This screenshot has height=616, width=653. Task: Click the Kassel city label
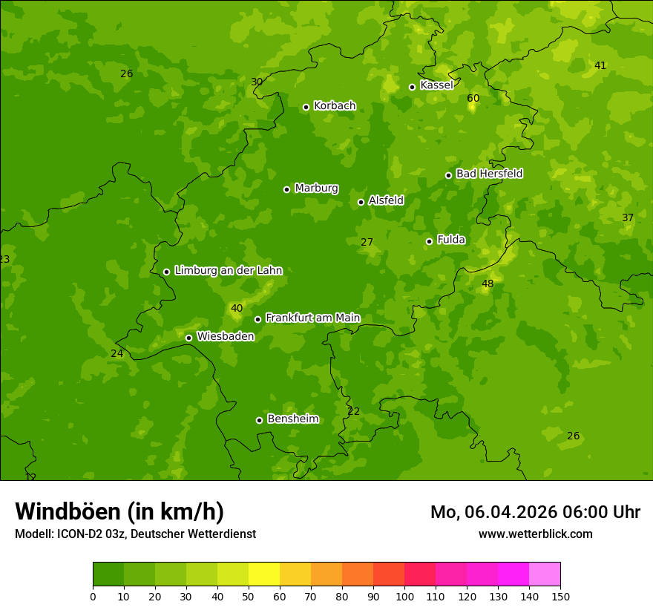pyautogui.click(x=436, y=85)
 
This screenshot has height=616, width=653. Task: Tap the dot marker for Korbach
pyautogui.click(x=306, y=107)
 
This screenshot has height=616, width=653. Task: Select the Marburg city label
pyautogui.click(x=316, y=189)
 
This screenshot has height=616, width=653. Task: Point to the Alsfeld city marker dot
pyautogui.click(x=361, y=202)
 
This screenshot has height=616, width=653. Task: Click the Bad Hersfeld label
pyautogui.click(x=489, y=174)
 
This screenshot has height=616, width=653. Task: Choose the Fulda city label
pyautogui.click(x=451, y=240)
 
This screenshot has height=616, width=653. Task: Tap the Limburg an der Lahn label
pyautogui.click(x=229, y=271)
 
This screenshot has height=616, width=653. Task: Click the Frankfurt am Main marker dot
pyautogui.click(x=257, y=319)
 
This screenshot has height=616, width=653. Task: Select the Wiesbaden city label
pyautogui.click(x=226, y=336)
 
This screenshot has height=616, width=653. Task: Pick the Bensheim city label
pyautogui.click(x=293, y=419)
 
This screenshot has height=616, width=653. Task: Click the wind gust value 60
pyautogui.click(x=473, y=98)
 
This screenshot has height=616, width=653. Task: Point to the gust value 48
pyautogui.click(x=488, y=284)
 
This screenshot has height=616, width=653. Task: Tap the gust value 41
pyautogui.click(x=600, y=65)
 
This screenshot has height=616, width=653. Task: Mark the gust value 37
pyautogui.click(x=628, y=217)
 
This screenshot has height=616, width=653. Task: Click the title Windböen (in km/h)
pyautogui.click(x=119, y=511)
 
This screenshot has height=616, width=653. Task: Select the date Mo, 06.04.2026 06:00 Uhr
pyautogui.click(x=535, y=512)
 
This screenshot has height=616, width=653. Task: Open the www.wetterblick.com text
pyautogui.click(x=535, y=534)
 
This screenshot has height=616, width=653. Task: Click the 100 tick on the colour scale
pyautogui.click(x=404, y=597)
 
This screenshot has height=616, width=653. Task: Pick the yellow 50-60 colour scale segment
pyautogui.click(x=264, y=574)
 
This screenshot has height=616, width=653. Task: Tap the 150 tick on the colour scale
pyautogui.click(x=560, y=597)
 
